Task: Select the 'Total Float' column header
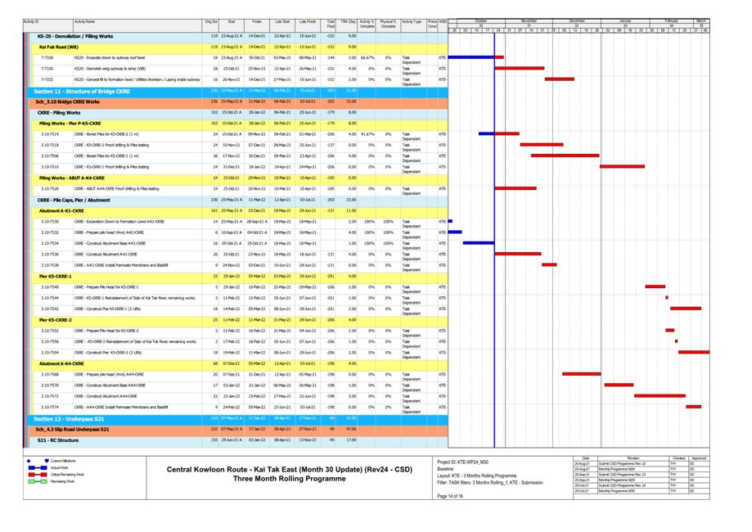(x=331, y=24)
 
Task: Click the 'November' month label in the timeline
(x=529, y=20)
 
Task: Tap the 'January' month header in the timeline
(x=625, y=20)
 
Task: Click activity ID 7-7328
(x=47, y=58)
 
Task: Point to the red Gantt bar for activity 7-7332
(x=560, y=79)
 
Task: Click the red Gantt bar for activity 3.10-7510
(x=622, y=166)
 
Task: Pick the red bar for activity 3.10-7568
(x=581, y=374)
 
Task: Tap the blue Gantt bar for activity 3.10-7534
(x=479, y=243)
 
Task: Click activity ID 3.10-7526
(x=50, y=188)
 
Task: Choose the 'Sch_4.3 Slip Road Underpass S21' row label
(x=73, y=429)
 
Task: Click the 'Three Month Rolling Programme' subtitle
(x=290, y=478)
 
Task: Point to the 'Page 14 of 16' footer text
(x=451, y=496)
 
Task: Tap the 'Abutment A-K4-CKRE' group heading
(x=61, y=363)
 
